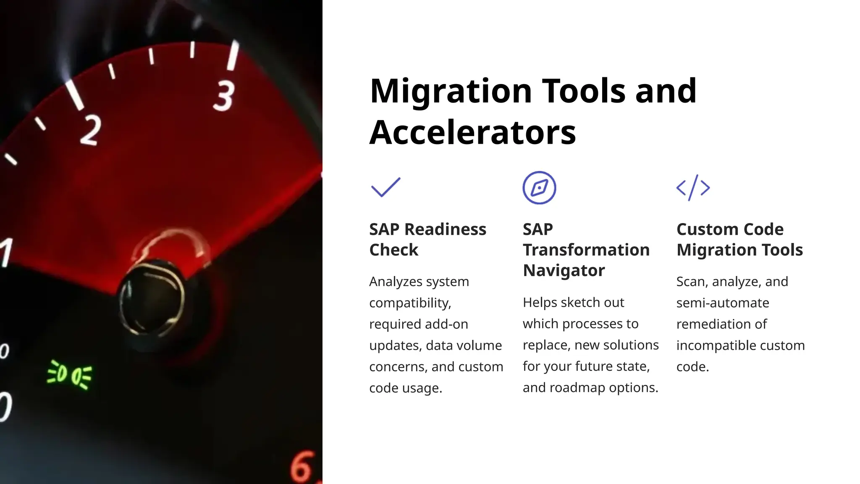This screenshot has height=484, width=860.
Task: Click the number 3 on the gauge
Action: (x=224, y=96)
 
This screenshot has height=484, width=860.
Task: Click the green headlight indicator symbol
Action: (x=70, y=374)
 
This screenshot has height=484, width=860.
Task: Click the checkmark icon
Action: (x=385, y=187)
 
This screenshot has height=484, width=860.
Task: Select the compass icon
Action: (x=539, y=188)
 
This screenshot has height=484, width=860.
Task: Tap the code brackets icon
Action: (x=693, y=188)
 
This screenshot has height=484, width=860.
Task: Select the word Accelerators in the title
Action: (x=472, y=132)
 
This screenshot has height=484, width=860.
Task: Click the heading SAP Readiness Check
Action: (x=427, y=239)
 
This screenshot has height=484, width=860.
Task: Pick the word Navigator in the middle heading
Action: (x=564, y=270)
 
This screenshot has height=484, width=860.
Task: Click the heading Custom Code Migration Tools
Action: (x=739, y=239)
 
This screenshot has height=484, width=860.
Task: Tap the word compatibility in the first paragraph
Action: (x=410, y=303)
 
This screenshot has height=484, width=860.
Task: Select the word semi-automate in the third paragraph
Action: (x=722, y=303)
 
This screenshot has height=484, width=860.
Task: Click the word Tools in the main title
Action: (x=584, y=91)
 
